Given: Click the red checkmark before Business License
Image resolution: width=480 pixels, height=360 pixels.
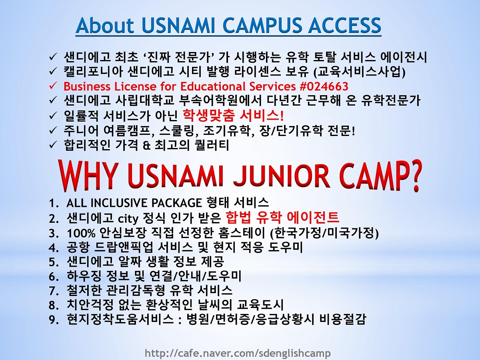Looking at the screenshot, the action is coord(53,86).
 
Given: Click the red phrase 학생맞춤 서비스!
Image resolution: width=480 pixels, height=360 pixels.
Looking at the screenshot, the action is coord(233,115).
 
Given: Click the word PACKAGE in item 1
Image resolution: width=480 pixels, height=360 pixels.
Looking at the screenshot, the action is coord(176,203).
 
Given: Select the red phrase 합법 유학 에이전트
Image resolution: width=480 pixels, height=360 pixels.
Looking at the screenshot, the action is coord(282,217).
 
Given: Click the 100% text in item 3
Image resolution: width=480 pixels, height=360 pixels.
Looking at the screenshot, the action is coord(81,233).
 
